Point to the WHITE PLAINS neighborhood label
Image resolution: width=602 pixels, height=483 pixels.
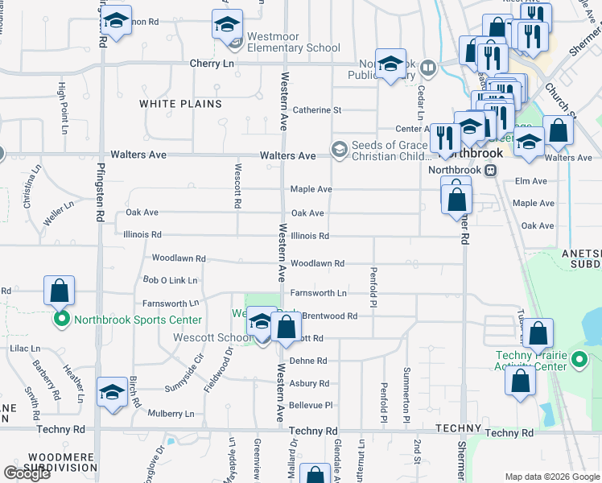(180, 104)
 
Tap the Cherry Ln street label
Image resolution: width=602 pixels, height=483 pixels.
(212, 64)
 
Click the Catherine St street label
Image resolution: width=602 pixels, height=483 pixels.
(316, 110)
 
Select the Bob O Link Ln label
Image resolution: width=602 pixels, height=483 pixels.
(170, 280)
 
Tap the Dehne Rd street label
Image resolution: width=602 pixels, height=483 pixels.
(309, 361)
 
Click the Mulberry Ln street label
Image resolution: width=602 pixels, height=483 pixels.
(171, 414)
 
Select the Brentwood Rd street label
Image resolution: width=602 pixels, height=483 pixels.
(329, 316)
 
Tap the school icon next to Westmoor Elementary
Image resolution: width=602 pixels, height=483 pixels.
(228, 24)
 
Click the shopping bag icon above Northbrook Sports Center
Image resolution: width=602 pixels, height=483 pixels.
(60, 290)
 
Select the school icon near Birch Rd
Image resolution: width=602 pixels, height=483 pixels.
(112, 392)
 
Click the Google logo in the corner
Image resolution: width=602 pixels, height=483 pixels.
(27, 473)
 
